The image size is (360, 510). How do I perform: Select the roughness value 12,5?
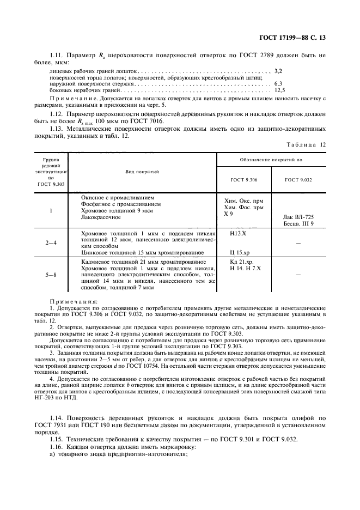click(279, 90)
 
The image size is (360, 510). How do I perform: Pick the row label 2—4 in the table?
click(51, 241)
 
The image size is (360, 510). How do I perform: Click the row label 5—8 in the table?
click(51, 275)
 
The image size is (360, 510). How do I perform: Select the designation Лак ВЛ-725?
click(298, 217)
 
